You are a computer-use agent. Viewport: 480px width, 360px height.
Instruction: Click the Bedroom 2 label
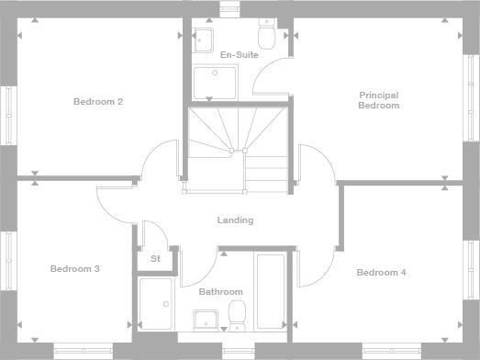98,102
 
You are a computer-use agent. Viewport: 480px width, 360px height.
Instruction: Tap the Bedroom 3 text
75,269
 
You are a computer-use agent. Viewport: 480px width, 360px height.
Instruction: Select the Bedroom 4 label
381,273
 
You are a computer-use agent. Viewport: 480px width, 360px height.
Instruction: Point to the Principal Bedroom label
379,100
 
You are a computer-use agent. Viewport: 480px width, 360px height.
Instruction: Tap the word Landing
235,220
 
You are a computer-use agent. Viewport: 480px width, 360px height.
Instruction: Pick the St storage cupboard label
155,259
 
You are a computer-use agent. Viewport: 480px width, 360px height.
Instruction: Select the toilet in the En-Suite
267,38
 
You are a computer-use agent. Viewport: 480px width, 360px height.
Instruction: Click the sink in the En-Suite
204,39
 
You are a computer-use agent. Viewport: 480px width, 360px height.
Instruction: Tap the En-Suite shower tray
216,83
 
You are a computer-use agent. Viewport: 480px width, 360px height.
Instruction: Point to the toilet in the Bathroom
237,314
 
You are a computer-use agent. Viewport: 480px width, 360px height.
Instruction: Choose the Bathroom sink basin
205,319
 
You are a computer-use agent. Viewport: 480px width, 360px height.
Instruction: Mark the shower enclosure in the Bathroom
155,303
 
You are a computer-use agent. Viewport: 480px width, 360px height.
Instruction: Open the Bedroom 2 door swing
157,161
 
